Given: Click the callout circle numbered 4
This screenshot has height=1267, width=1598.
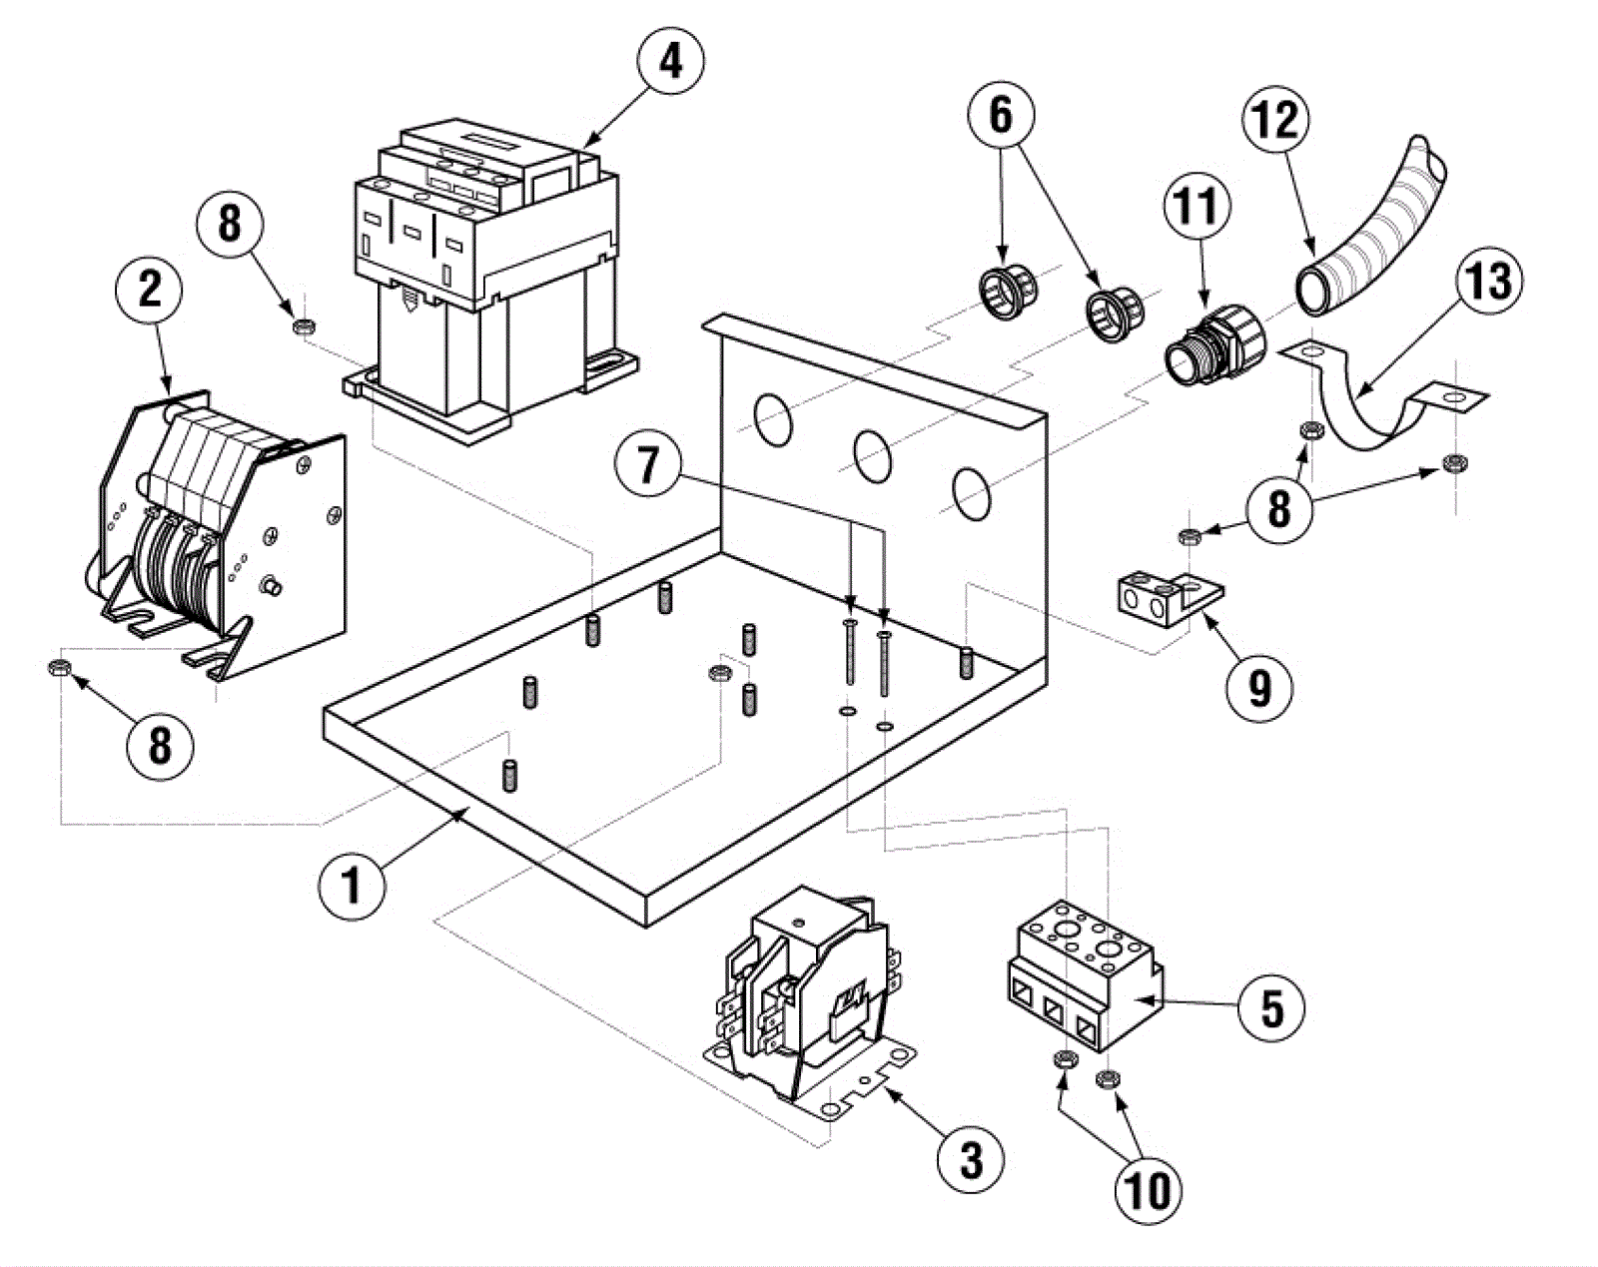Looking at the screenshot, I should [669, 61].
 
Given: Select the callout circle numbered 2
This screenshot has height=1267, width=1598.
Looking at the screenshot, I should [150, 290].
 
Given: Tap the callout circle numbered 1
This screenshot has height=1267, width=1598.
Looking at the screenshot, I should [352, 885].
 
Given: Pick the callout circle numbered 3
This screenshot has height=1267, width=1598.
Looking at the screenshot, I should [971, 1160].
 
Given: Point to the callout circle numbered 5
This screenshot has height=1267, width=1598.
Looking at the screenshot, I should [1271, 1006].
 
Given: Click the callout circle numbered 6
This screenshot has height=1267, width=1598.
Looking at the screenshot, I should [1000, 116].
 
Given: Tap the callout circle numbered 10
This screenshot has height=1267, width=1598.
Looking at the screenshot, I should [1148, 1189].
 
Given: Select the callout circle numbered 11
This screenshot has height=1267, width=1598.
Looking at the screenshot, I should [1197, 207].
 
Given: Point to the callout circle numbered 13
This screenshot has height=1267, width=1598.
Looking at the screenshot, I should [1488, 281].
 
